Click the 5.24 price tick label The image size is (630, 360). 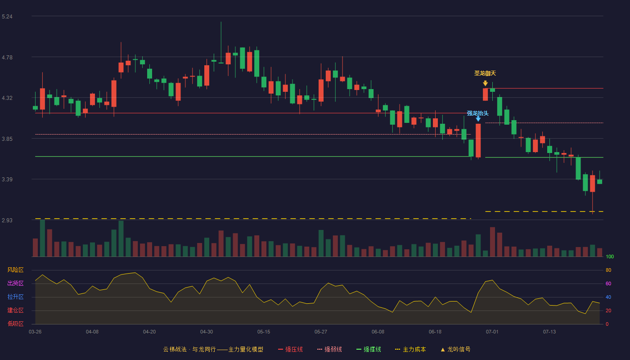[x=7, y=17]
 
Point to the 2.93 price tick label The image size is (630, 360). [x=7, y=220]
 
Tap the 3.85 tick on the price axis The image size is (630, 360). [x=7, y=139]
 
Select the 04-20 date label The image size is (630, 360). [x=149, y=332]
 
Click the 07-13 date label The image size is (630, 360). [x=549, y=332]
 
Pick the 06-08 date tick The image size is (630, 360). [x=378, y=332]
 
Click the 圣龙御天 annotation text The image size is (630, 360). [x=485, y=73]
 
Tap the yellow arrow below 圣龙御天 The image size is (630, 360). [x=485, y=83]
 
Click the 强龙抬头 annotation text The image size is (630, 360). [x=477, y=113]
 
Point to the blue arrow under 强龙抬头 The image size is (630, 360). [x=478, y=119]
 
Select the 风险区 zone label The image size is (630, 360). [x=15, y=270]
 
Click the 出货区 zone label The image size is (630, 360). [x=15, y=283]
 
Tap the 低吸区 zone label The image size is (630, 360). [x=15, y=324]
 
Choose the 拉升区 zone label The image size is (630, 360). [x=15, y=297]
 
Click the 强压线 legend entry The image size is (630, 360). [x=290, y=349]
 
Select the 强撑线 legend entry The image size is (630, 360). [x=369, y=349]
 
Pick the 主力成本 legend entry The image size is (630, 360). [x=410, y=349]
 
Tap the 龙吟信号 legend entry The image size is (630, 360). [x=455, y=349]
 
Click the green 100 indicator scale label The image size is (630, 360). [x=610, y=256]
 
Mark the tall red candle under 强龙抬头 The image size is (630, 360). [x=478, y=140]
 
